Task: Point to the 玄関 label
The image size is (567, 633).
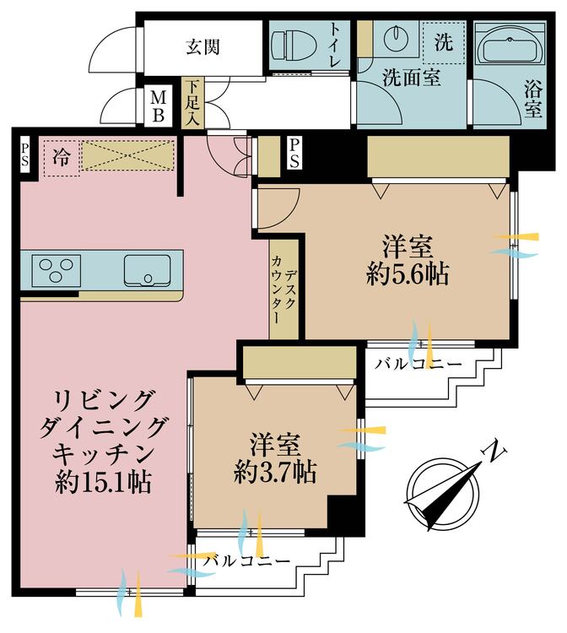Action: (202, 46)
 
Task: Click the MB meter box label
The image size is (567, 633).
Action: (158, 107)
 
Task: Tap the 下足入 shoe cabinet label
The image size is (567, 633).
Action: (193, 103)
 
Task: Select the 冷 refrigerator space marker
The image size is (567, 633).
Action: (62, 156)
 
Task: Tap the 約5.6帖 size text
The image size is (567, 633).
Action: (408, 275)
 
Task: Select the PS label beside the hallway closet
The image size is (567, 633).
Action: (294, 154)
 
